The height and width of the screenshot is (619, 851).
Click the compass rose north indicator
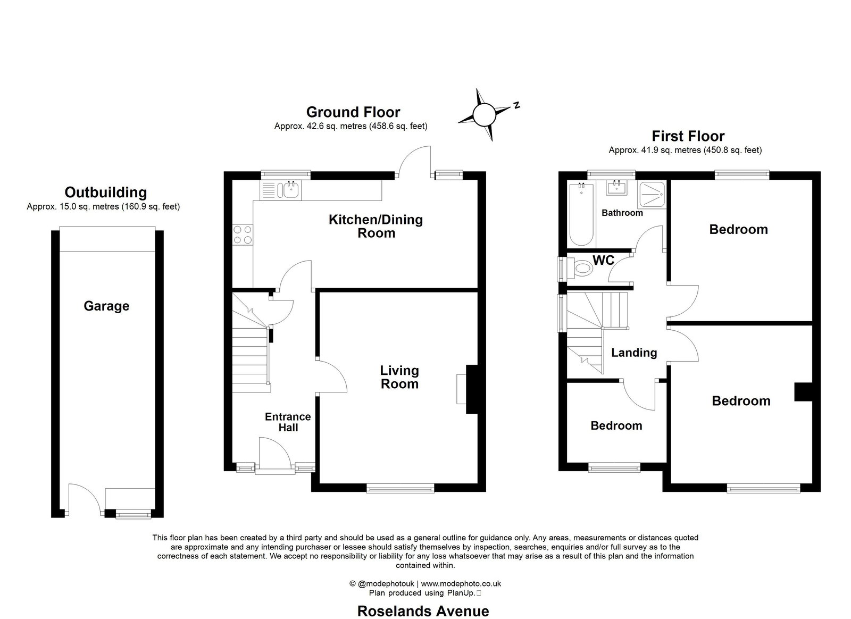tap(484, 114)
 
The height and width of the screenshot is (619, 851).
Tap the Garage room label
tap(106, 306)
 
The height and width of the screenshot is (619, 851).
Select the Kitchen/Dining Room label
tap(376, 226)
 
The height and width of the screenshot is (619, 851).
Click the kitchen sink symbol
tap(290, 189)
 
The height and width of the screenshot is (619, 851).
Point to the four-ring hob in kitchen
tap(243, 235)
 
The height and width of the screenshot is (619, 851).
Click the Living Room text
tap(399, 377)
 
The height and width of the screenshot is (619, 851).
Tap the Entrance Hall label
tap(288, 422)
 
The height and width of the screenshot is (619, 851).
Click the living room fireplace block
tap(472, 389)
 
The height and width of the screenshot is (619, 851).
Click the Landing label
tap(634, 353)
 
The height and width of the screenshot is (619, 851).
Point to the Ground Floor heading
tap(353, 112)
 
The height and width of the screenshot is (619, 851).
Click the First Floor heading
tap(688, 136)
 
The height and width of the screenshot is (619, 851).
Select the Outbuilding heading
tap(105, 192)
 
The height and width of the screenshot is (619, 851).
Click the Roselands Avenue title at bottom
tap(423, 611)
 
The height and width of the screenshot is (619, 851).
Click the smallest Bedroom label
tap(616, 425)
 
